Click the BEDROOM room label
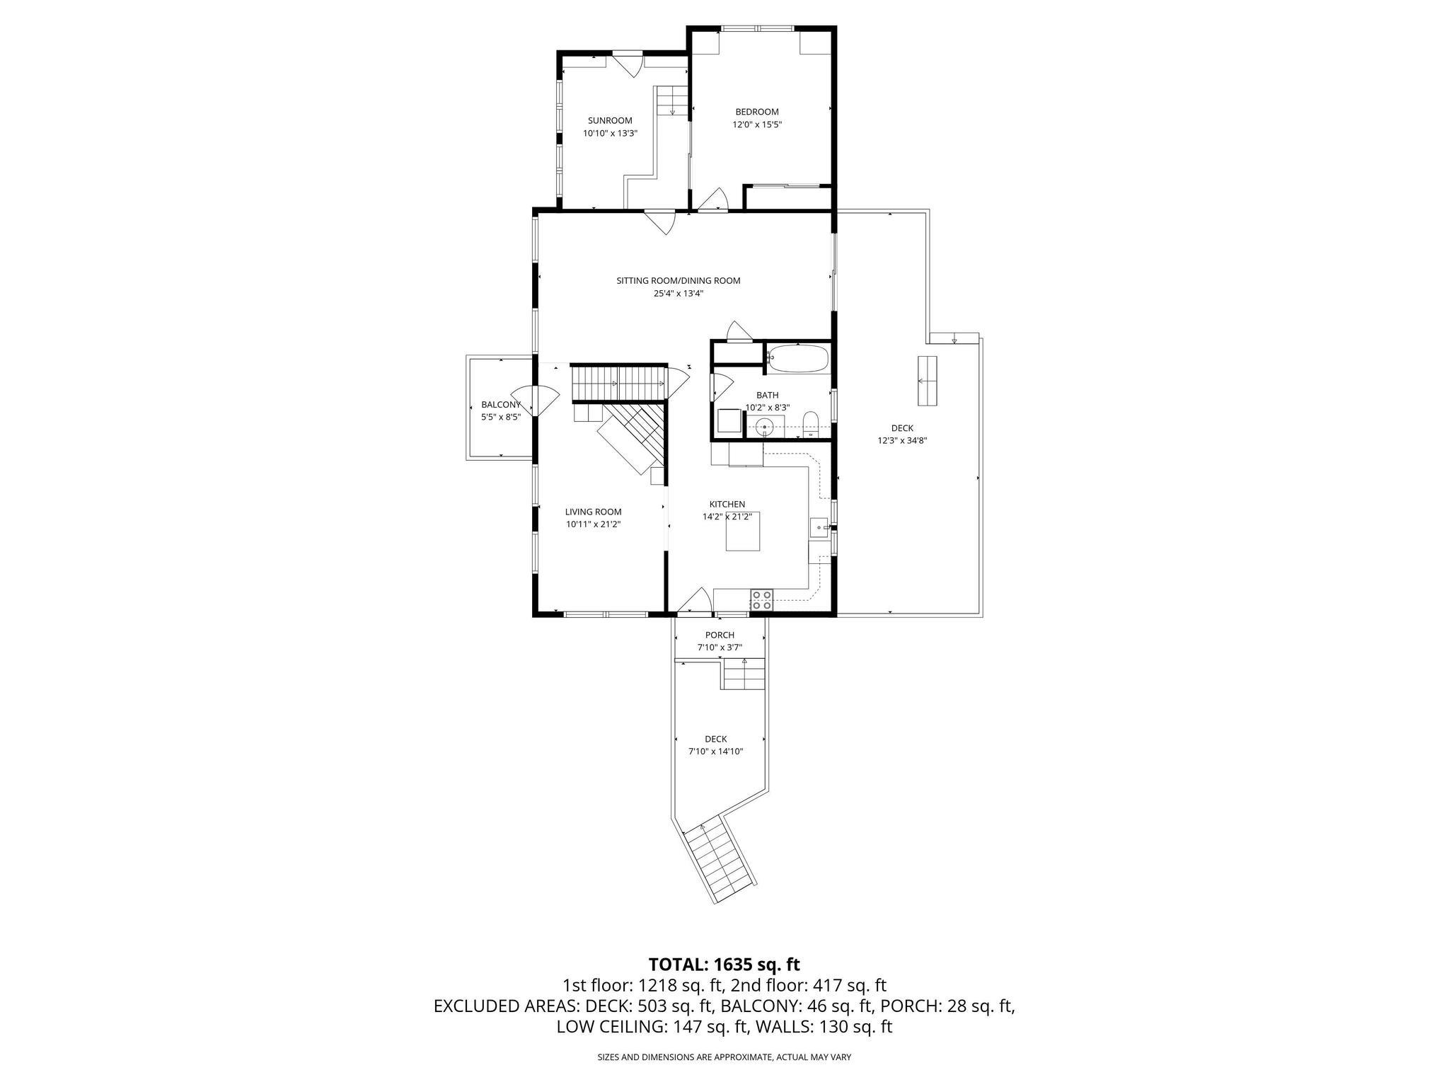tap(756, 112)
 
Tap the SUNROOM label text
tap(610, 120)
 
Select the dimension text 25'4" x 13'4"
tap(678, 293)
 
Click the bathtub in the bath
tap(797, 359)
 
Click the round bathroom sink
tap(764, 427)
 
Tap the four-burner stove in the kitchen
tap(761, 600)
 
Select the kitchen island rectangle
tap(743, 531)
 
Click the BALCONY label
tap(500, 405)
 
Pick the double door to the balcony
tap(534, 402)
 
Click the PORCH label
tap(720, 635)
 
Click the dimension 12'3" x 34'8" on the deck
tap(902, 440)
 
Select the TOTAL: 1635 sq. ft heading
tap(724, 964)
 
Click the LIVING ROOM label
tap(593, 512)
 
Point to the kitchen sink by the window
tap(819, 527)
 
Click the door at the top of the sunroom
tap(627, 64)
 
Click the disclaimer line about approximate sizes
tap(724, 1057)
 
